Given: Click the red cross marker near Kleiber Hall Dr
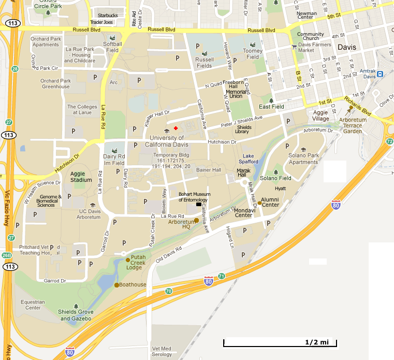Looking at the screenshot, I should (176, 128).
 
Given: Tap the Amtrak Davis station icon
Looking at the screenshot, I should (380, 74).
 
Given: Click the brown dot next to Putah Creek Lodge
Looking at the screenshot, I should (128, 260).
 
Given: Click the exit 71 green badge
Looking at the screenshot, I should (221, 276).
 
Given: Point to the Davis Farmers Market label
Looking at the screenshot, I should (313, 47).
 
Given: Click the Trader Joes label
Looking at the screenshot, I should (104, 22).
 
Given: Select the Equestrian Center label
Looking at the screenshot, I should (33, 305).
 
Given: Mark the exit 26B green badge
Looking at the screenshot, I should (6, 255).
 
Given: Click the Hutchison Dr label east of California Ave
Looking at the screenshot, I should (222, 141).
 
